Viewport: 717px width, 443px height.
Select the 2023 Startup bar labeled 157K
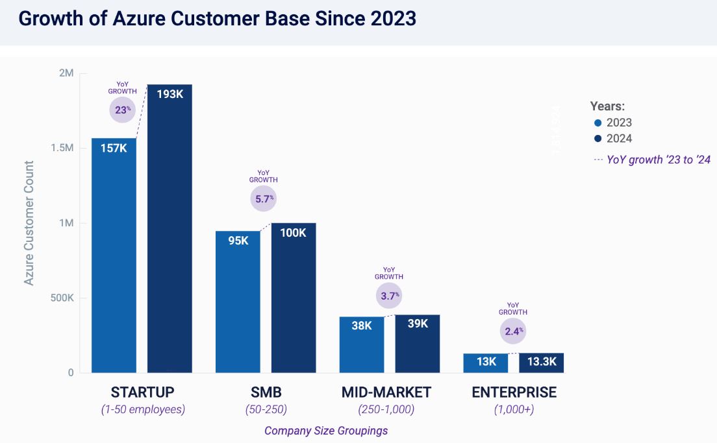[x=114, y=256]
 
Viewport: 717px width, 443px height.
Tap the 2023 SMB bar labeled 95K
[x=238, y=302]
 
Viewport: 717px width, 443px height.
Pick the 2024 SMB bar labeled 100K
[x=294, y=298]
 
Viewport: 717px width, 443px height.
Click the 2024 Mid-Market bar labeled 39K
[x=418, y=344]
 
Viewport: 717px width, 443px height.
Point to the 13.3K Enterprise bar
[x=541, y=363]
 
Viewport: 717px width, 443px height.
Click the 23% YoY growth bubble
[x=122, y=110]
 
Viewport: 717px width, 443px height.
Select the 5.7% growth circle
[x=263, y=198]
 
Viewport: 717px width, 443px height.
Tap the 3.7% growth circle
[x=388, y=296]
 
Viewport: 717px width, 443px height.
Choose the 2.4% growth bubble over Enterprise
[x=513, y=331]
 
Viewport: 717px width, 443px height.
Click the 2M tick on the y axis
[x=66, y=73]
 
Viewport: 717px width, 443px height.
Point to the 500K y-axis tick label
[x=61, y=298]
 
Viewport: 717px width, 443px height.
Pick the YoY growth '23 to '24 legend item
[x=651, y=160]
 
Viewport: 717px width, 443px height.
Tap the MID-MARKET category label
[x=386, y=392]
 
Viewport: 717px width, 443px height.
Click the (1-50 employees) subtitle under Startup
[x=143, y=410]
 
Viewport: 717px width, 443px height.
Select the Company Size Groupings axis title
[x=326, y=431]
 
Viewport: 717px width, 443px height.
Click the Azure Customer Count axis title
[x=29, y=222]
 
